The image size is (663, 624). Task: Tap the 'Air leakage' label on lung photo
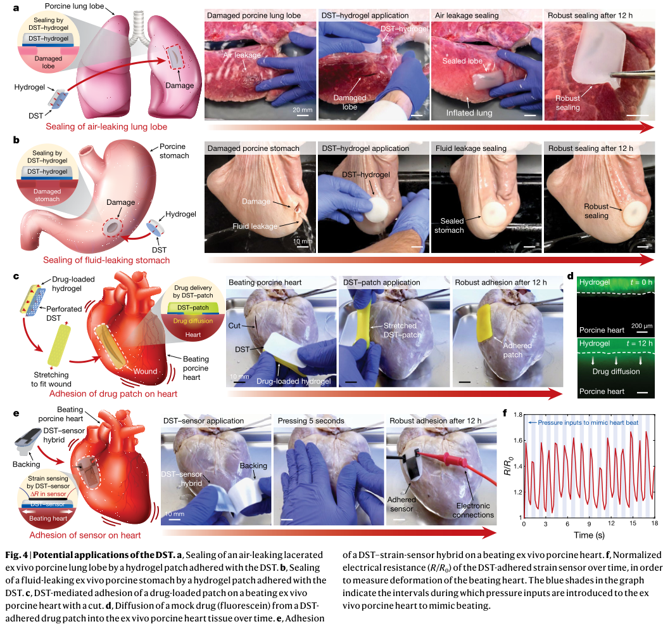[243, 55]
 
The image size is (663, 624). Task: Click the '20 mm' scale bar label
[301, 109]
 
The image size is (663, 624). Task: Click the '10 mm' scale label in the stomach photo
[302, 241]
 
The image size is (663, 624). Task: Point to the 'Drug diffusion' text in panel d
[616, 371]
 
